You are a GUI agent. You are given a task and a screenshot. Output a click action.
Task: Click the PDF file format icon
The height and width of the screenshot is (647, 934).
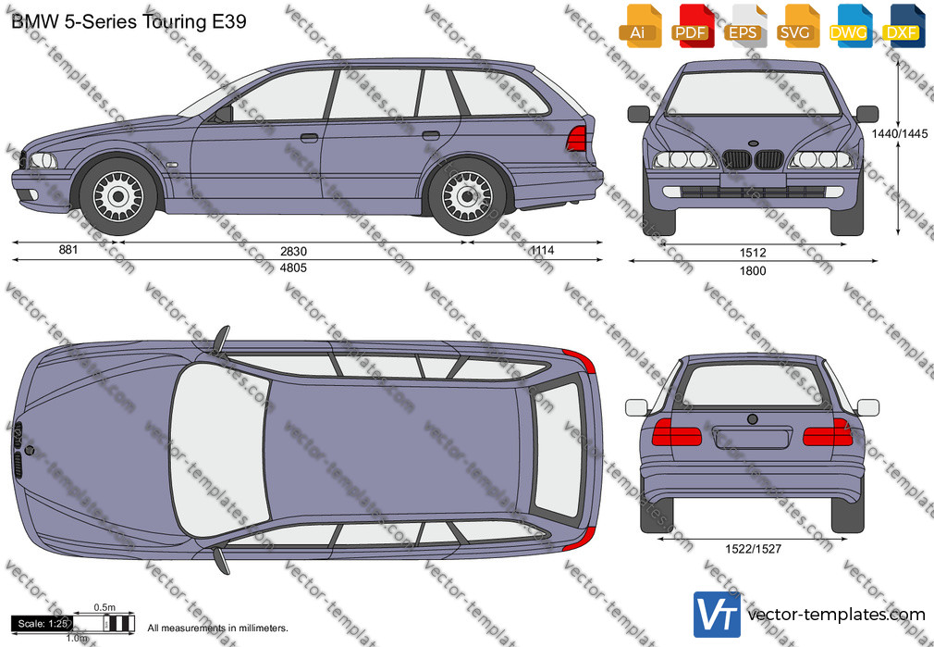[691, 26]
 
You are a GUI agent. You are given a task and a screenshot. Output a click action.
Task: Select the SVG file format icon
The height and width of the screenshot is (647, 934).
[797, 26]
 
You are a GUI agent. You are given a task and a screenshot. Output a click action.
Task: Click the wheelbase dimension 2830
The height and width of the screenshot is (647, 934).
[294, 252]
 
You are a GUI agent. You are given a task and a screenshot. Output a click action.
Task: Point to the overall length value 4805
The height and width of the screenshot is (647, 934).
[294, 268]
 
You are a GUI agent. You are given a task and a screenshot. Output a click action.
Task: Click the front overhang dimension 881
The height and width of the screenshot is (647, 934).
[68, 249]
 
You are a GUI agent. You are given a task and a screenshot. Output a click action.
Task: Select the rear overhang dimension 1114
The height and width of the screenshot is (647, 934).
[542, 250]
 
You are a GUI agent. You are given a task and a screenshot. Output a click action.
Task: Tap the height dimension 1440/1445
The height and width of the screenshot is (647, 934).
[900, 133]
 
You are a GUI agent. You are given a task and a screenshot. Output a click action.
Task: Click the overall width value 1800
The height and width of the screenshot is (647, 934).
[753, 270]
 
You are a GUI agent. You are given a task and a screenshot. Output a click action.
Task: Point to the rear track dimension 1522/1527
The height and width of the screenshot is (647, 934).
[753, 549]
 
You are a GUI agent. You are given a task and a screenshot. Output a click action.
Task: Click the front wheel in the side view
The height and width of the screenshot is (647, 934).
[118, 196]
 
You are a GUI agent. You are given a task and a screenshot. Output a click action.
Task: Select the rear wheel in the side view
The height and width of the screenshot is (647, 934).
[468, 196]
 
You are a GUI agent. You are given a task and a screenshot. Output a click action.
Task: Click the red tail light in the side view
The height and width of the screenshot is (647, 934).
[577, 138]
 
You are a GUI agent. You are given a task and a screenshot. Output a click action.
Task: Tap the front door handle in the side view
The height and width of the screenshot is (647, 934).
[309, 138]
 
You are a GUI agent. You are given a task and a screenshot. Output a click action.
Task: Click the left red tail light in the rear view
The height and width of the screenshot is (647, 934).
[677, 432]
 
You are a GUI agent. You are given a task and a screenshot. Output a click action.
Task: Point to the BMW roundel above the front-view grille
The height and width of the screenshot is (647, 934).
[753, 143]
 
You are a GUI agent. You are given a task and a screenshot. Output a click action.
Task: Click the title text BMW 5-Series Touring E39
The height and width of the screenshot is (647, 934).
[129, 21]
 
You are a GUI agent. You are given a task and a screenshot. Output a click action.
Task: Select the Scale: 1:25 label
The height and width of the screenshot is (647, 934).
[43, 624]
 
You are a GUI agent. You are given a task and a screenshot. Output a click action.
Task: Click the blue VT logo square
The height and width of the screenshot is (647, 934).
[718, 615]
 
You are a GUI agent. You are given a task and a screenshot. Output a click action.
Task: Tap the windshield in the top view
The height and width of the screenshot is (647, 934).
[219, 450]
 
